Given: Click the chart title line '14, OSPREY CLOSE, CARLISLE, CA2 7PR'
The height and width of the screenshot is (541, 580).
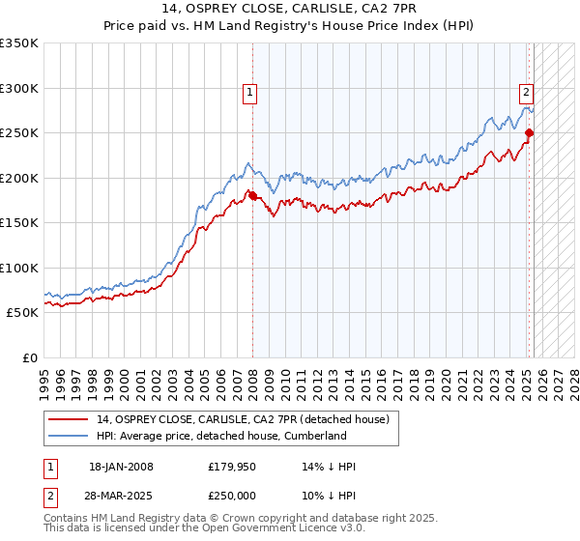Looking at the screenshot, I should tap(290, 11).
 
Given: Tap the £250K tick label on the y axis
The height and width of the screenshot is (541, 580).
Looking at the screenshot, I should tap(19, 133).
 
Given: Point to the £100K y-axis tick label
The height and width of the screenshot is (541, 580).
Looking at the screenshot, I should tap(19, 268).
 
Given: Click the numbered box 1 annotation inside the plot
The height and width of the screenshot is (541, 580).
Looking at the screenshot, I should tap(249, 93).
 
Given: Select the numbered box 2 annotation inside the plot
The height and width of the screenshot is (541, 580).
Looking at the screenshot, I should tap(526, 93).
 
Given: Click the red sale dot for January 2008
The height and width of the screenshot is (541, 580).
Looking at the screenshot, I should tap(252, 196).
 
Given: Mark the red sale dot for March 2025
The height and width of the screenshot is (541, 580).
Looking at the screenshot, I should tap(529, 133).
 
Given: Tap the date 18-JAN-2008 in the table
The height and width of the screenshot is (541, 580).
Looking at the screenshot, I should tap(121, 467).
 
